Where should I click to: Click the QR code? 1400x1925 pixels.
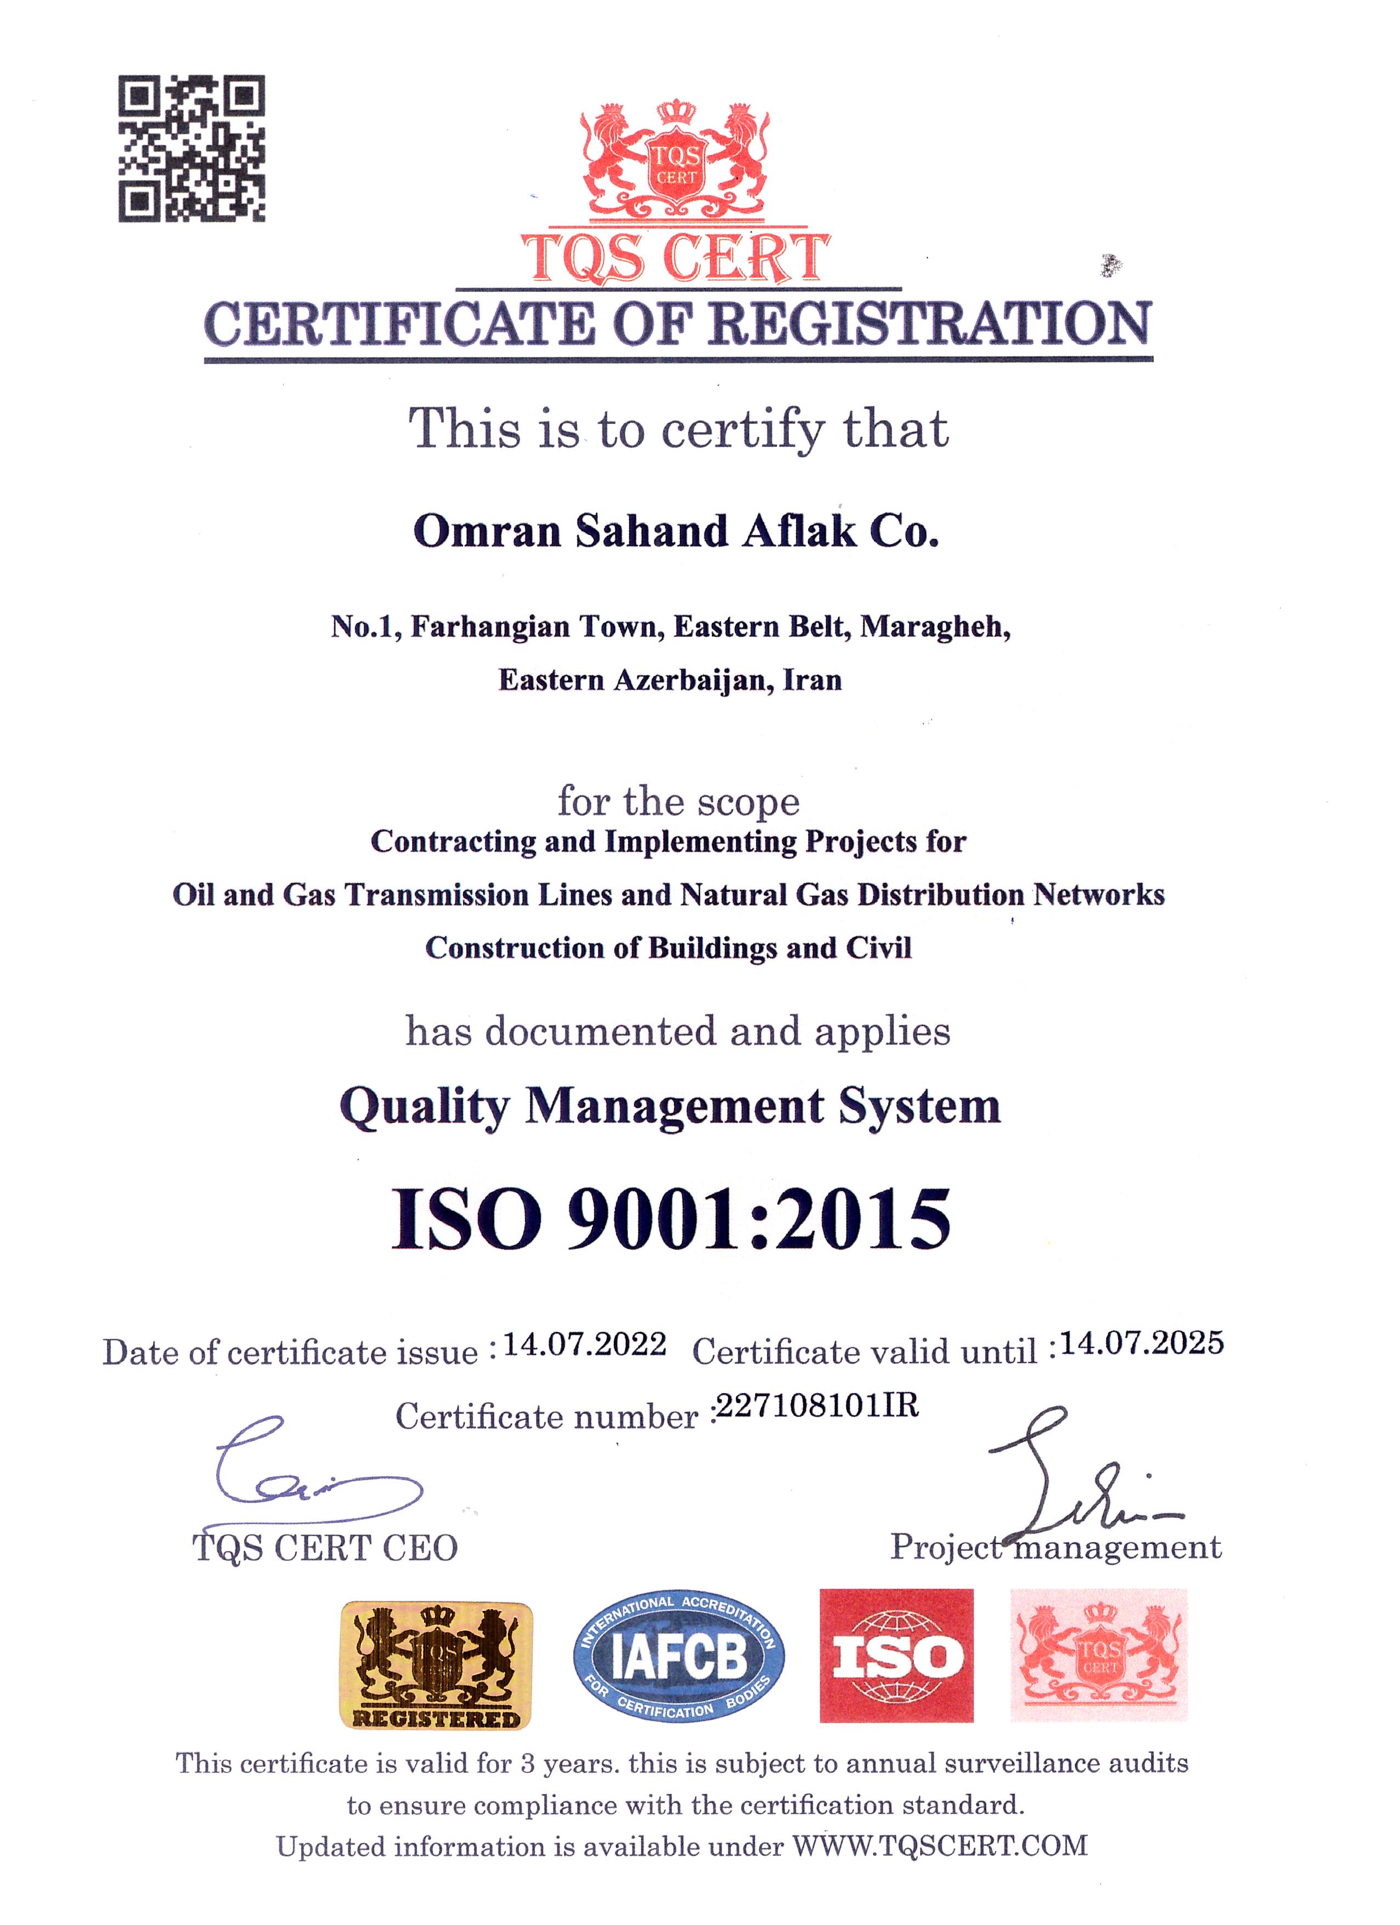coord(191,149)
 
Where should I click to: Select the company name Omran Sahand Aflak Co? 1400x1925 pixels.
coord(676,531)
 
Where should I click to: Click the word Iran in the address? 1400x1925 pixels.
coord(812,680)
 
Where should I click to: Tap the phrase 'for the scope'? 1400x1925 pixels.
coord(679,801)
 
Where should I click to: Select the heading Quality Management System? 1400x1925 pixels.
coord(670,1107)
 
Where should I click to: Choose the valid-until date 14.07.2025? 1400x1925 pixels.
coord(1142,1343)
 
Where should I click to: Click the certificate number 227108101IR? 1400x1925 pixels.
coord(817,1406)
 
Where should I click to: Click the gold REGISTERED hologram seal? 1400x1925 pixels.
coord(436,1665)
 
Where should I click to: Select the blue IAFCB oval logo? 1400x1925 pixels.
coord(679,1657)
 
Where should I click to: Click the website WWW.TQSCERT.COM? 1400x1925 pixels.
coord(940,1846)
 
